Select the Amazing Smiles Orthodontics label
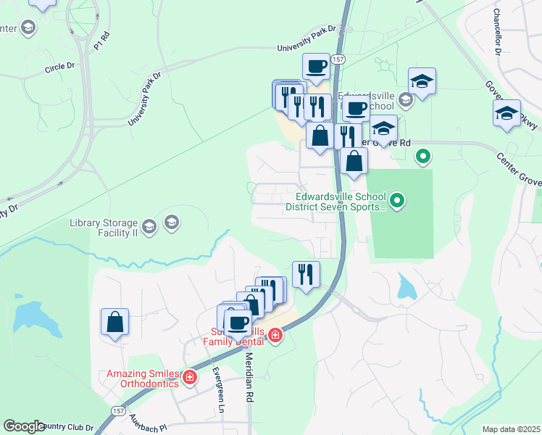click(x=142, y=378)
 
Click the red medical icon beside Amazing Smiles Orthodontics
click(x=190, y=377)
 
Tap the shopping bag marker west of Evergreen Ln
click(x=115, y=322)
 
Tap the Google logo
click(x=24, y=426)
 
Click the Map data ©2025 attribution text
click(x=511, y=429)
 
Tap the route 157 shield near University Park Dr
click(x=338, y=58)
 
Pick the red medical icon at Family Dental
click(x=275, y=335)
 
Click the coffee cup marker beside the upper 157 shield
click(x=316, y=67)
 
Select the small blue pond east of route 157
click(x=406, y=289)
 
